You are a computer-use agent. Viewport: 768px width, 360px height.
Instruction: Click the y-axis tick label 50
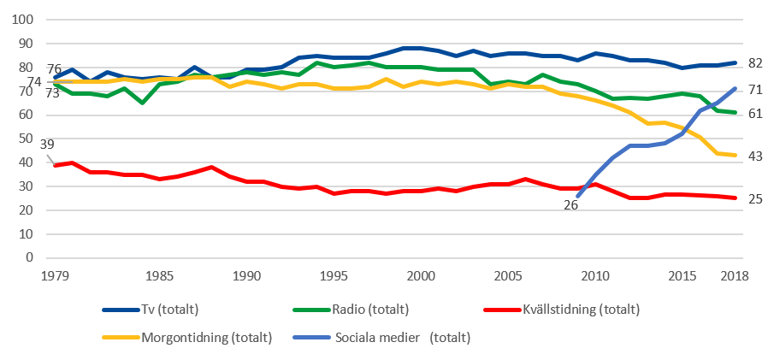click(x=27, y=139)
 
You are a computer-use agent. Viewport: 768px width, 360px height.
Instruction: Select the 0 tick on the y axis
click(x=30, y=257)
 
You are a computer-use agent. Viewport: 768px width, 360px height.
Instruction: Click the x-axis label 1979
click(x=55, y=276)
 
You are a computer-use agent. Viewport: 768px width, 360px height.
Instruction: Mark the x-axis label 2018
click(x=734, y=276)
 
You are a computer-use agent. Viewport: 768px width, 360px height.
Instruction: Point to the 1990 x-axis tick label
click(x=246, y=276)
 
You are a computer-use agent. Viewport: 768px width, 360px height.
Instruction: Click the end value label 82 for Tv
click(x=755, y=63)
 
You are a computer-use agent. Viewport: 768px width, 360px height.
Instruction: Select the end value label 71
click(x=755, y=89)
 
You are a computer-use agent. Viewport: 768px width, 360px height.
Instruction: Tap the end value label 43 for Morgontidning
click(x=755, y=156)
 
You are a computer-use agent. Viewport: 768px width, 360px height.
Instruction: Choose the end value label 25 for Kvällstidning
click(x=755, y=198)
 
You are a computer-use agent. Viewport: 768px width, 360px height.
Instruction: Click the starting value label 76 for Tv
click(x=53, y=68)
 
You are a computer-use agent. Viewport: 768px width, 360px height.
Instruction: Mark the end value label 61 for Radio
click(x=755, y=113)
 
